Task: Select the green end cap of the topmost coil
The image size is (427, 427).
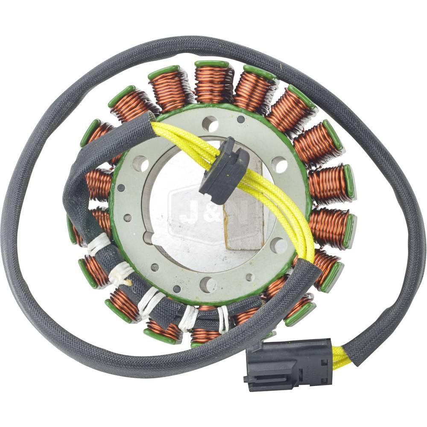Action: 212,64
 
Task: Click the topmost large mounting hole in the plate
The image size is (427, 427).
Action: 210,124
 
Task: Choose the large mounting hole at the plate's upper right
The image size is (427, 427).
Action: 279,164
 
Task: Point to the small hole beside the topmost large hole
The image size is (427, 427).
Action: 241,119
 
